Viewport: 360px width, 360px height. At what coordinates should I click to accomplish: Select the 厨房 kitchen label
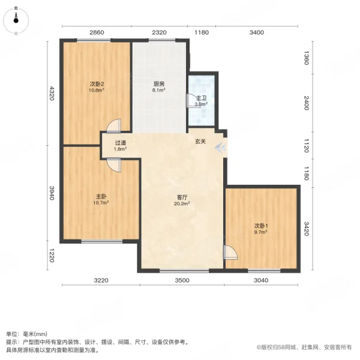click(158, 84)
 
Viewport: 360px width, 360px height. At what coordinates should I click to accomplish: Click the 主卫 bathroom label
click(201, 97)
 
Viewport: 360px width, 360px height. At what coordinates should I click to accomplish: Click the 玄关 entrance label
click(200, 142)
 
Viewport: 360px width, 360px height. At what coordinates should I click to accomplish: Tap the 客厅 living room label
click(182, 196)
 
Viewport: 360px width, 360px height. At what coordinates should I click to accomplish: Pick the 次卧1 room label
click(260, 225)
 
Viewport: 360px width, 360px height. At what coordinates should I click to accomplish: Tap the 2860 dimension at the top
click(97, 32)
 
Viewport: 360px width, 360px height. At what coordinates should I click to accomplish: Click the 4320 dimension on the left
click(52, 94)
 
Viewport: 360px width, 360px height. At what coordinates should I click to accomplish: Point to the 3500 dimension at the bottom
click(182, 280)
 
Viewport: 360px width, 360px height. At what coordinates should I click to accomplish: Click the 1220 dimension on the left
click(52, 256)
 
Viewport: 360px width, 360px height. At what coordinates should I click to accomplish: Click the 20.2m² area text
click(182, 203)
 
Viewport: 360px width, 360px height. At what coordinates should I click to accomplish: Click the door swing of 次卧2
click(115, 125)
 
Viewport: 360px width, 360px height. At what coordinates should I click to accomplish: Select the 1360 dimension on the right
click(306, 59)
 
